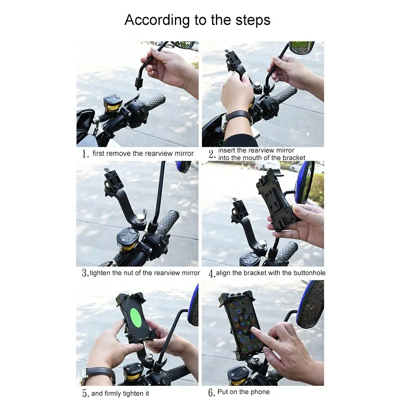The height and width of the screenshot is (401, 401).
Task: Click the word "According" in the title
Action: click(x=157, y=20)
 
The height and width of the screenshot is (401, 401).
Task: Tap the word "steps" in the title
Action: click(x=253, y=20)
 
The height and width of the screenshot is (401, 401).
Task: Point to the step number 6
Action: click(x=212, y=392)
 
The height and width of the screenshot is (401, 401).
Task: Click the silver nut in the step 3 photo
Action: click(x=140, y=219)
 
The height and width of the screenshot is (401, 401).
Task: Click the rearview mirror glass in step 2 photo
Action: click(x=302, y=47)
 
